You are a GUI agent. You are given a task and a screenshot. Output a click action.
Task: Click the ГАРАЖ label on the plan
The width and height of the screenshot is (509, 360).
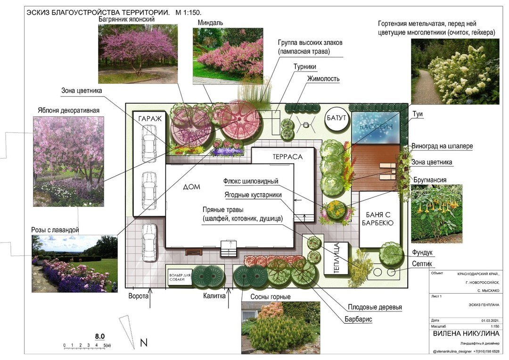coord(150,119)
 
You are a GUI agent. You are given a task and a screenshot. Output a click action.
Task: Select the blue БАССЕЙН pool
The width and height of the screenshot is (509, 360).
coord(376,127)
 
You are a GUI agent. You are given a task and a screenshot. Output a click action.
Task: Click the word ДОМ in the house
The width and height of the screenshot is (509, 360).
coord(191,187)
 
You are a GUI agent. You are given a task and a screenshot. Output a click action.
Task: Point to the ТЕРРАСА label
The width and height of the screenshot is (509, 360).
coord(287,156)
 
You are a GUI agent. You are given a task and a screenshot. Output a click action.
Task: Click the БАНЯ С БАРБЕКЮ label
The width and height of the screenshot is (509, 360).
coord(377,219)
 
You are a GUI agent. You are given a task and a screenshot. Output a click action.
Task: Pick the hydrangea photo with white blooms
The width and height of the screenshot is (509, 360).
coord(455,71)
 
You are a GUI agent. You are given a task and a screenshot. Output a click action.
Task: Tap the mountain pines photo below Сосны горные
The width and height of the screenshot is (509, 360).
coord(280,327)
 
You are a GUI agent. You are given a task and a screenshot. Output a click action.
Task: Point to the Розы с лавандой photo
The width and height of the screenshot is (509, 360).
coord(74,263)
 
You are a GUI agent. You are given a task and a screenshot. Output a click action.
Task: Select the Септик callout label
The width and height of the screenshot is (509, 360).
coord(422,264)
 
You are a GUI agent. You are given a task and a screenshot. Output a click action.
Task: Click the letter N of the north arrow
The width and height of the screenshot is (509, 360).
coord(144,342)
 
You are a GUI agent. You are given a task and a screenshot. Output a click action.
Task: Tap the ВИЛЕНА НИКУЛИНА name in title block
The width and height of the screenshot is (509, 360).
coord(466,334)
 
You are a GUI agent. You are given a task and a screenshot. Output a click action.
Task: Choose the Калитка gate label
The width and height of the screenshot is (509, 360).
coord(214,296)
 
